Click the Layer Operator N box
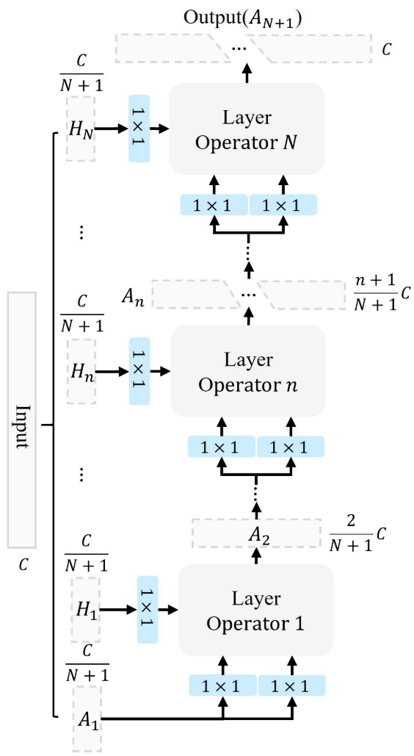pos(247,129)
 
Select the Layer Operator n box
pos(248,371)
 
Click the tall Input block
pos(22,420)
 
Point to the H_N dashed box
pos(81,129)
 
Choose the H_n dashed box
pos(81,371)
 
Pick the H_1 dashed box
pos(86,610)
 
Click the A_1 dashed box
pos(87,719)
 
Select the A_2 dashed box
pos(256,533)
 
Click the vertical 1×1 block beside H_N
pos(139,129)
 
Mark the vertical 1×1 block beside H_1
pos(148,610)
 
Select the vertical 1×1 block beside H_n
pos(139,371)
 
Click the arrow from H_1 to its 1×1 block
pos(119,610)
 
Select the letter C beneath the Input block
pos(23,564)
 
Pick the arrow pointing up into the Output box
pos(247,72)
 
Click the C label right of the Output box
pos(387,50)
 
